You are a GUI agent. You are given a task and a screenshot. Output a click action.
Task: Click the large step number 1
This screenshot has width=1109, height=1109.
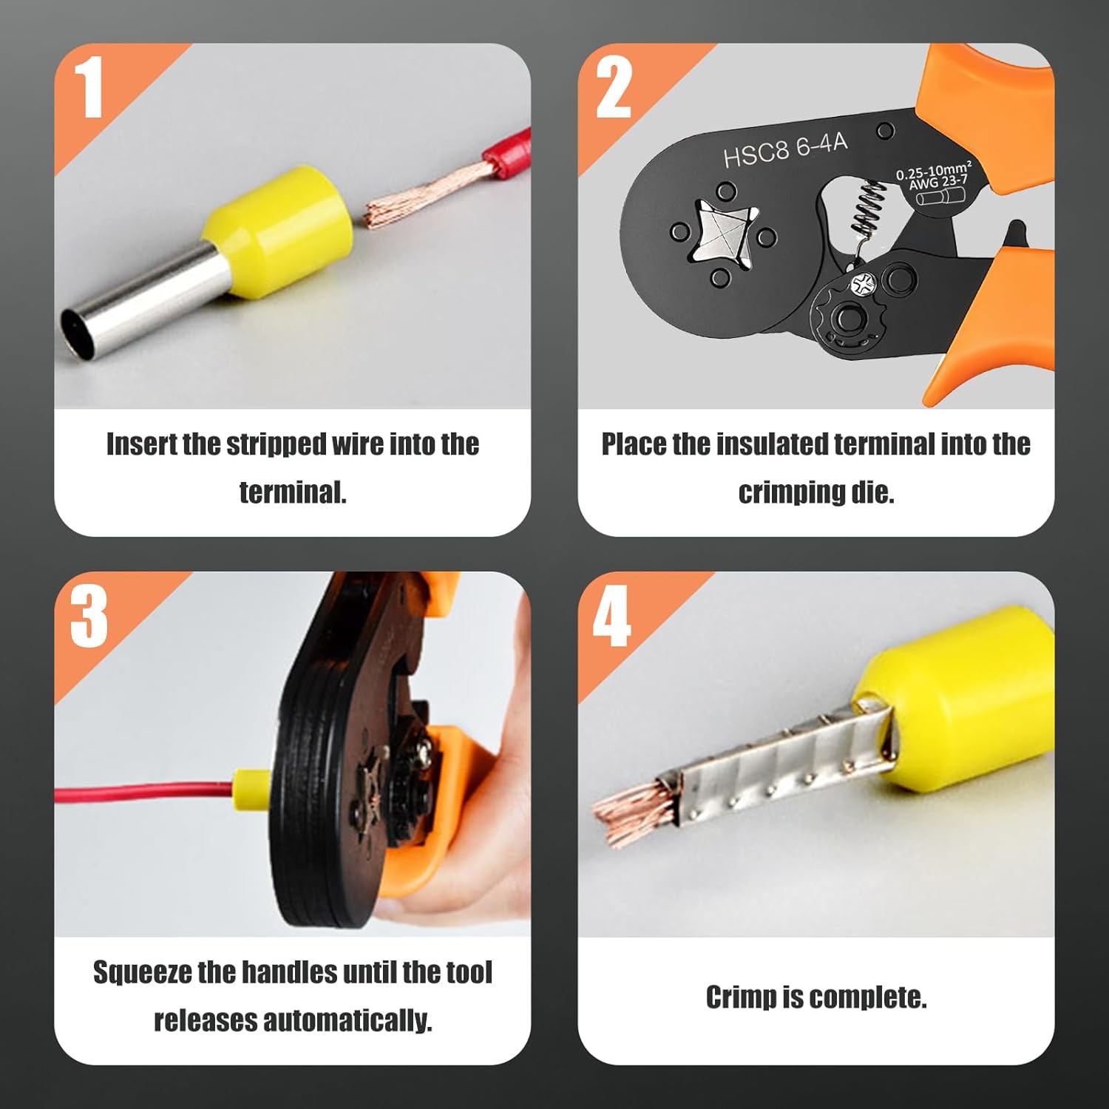click(x=89, y=89)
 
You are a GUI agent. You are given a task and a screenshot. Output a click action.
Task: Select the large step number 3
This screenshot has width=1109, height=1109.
click(x=89, y=617)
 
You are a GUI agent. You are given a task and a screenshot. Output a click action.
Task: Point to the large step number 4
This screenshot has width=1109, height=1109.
click(x=612, y=617)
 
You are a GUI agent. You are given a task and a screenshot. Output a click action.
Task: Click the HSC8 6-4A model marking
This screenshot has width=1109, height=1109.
click(x=785, y=150)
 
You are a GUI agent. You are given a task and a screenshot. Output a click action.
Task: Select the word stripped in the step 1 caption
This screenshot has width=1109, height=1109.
click(x=277, y=445)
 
